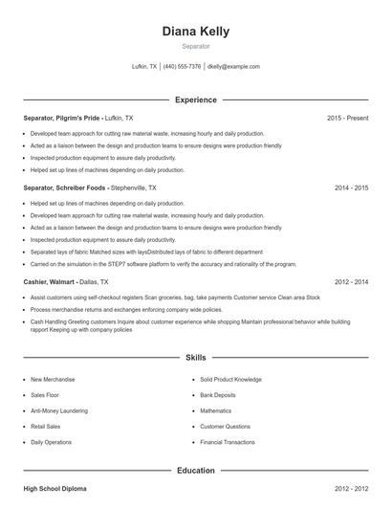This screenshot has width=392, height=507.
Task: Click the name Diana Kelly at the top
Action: pos(195,31)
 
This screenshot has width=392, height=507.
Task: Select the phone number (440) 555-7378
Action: pos(182,67)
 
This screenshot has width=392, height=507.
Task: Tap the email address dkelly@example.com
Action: pos(233,67)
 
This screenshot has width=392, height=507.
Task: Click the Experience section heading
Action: pos(195,99)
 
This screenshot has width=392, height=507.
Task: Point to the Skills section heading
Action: pos(195,358)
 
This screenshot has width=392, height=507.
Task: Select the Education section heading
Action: pos(195,471)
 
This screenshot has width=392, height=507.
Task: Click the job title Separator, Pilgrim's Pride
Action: pos(62,118)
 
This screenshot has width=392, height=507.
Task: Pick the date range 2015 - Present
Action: pos(347,118)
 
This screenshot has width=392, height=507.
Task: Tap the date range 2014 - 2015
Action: pos(351,188)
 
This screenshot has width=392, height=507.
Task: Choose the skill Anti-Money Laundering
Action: pos(60,410)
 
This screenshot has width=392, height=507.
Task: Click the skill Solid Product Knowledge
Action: pos(234,379)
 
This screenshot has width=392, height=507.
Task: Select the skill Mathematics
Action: pos(216,410)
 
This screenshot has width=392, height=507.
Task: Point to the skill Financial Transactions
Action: pos(228,442)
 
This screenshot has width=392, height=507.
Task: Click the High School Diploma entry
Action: pos(55,489)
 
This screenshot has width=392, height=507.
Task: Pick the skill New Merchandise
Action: pos(53,379)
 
